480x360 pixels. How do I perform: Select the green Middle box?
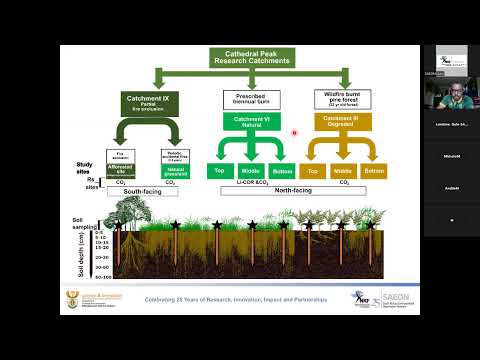(x=250, y=170)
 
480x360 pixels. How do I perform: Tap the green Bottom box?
(x=284, y=170)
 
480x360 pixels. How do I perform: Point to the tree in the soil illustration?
(x=129, y=213)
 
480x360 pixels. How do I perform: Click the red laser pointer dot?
(x=294, y=132)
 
